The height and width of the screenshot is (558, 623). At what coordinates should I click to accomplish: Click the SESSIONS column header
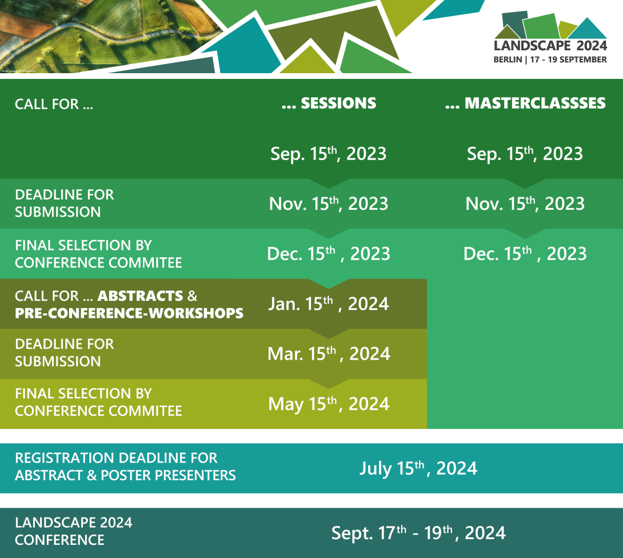329,103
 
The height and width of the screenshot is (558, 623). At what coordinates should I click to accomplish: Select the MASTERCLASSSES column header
525,103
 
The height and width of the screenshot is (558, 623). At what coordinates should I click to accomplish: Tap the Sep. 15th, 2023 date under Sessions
329,154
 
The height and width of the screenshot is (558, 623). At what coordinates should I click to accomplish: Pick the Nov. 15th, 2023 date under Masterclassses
525,204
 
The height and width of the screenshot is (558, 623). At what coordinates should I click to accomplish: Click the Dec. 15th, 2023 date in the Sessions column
329,254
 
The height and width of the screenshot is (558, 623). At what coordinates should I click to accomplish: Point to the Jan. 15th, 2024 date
329,304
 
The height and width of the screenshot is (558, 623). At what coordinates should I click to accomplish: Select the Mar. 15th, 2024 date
329,354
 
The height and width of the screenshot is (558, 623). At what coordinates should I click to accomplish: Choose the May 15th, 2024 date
329,404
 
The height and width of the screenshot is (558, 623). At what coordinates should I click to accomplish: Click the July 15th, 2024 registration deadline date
418,468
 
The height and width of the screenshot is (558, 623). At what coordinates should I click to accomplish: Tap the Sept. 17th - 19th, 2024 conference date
418,533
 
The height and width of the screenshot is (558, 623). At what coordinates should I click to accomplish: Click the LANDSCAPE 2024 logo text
550,46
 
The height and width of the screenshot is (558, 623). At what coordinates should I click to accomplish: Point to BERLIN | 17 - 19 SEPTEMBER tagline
550,59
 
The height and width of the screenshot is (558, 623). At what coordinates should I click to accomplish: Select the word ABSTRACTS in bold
140,296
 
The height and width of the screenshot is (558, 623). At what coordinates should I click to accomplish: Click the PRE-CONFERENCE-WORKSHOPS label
129,313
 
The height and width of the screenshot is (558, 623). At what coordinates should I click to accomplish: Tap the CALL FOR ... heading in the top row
54,104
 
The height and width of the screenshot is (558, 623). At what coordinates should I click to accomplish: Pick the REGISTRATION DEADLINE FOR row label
116,458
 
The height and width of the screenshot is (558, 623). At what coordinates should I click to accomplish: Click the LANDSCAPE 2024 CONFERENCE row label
74,531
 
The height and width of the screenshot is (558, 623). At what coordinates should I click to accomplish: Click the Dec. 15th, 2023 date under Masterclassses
525,254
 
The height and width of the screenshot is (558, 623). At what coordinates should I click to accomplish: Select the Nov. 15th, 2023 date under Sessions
329,204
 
